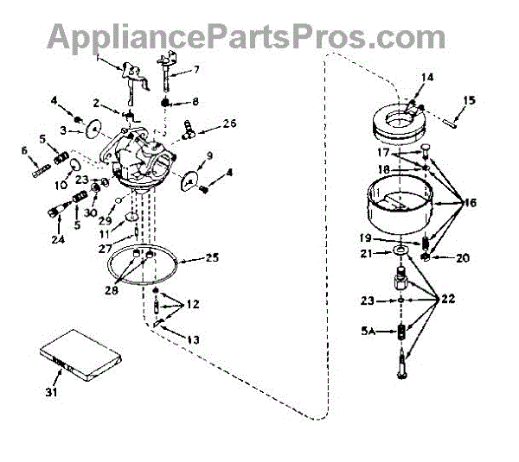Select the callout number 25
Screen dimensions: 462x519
coord(211,256)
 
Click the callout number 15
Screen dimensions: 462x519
coord(471,101)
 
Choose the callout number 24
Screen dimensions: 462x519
coord(56,240)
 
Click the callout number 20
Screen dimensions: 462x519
coord(461,256)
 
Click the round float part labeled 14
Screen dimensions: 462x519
coord(402,121)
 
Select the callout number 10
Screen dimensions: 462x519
coord(61,184)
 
